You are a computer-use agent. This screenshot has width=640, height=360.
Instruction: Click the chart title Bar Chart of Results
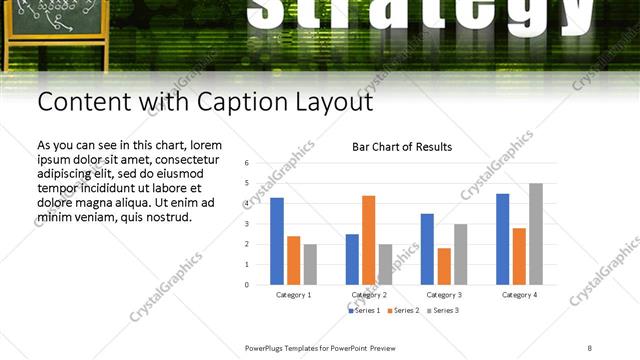(402, 147)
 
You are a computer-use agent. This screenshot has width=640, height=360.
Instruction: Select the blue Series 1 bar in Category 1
(277, 241)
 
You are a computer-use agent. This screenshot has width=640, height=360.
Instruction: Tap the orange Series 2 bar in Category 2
(368, 240)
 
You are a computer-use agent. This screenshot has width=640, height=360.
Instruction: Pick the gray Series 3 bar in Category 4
(536, 234)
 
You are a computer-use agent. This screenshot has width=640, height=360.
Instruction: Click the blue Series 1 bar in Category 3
(427, 249)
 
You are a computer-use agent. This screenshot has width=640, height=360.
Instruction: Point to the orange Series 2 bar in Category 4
(519, 256)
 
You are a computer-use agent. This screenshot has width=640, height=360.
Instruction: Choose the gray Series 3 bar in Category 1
(310, 264)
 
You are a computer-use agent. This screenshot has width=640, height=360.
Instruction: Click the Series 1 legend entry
(364, 311)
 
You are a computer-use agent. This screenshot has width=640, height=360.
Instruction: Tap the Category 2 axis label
(368, 295)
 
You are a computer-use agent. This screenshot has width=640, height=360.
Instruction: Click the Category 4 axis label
(519, 295)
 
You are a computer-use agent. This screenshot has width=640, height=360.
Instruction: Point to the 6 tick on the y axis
(246, 163)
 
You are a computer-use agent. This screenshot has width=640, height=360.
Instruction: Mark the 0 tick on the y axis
(246, 284)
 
